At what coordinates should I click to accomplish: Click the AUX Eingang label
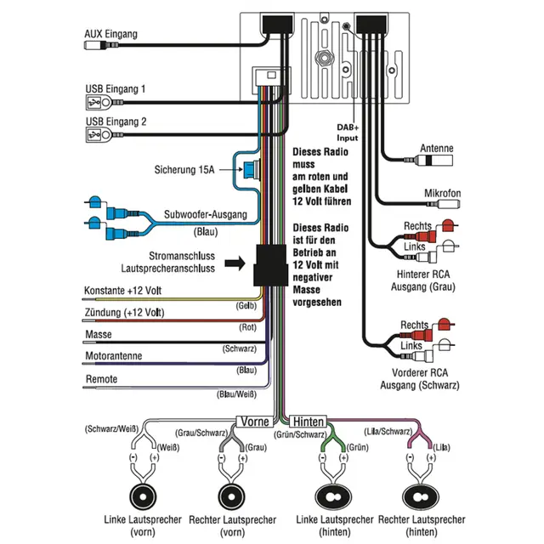110,36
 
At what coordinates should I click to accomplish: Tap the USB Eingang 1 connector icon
95,104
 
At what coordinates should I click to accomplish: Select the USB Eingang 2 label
116,122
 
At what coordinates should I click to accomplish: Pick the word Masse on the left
99,335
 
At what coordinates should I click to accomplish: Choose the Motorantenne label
113,356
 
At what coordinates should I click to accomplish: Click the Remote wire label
101,378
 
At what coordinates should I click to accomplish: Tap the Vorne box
255,421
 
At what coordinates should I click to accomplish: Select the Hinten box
307,421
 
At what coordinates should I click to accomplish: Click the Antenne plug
437,159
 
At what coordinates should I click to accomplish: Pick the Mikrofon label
442,194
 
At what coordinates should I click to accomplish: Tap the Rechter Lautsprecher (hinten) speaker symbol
422,496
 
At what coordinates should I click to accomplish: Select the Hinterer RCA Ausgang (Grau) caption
428,280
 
